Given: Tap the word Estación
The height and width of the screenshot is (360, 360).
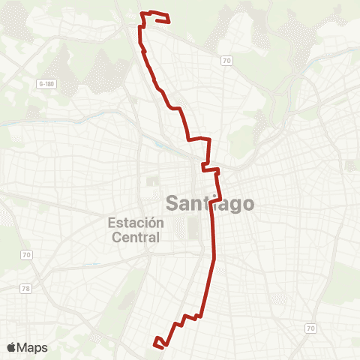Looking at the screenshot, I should click(x=136, y=223).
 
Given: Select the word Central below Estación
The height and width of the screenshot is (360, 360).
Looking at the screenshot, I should click(x=136, y=238).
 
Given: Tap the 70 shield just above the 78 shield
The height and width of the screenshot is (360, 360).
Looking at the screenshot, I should click(x=26, y=256).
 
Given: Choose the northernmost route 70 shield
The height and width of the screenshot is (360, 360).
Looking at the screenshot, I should click(x=226, y=59).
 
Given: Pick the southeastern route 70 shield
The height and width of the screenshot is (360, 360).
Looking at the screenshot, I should click(x=310, y=328).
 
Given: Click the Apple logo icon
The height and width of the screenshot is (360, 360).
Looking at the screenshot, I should click(x=12, y=347).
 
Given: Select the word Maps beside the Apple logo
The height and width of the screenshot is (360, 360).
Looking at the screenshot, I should click(x=33, y=347).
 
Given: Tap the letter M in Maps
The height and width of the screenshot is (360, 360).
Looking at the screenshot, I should click(x=24, y=347).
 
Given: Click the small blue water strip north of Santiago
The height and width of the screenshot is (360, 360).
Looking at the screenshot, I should click(x=158, y=145).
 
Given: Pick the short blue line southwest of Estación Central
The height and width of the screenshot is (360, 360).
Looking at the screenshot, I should click(x=91, y=265).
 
